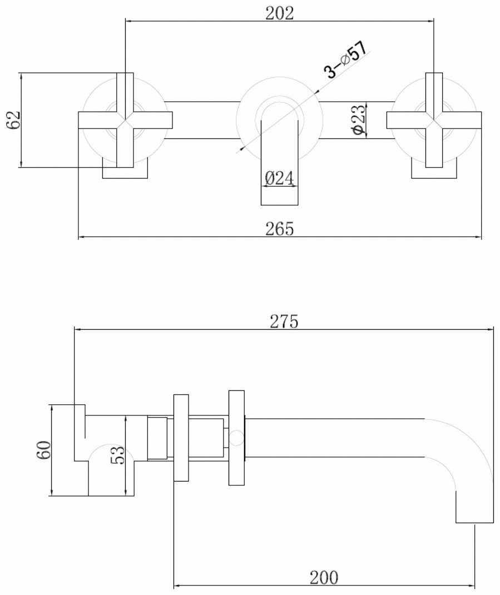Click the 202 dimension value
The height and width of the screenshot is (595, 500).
click(x=279, y=13)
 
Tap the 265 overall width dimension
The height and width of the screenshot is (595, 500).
click(x=279, y=229)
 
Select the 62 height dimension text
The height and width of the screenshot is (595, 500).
click(x=14, y=120)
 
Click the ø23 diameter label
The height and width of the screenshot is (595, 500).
click(x=359, y=120)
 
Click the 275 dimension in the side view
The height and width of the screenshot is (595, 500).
click(x=284, y=321)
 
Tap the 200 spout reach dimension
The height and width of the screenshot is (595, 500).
click(x=324, y=578)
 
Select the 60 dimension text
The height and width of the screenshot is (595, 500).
click(x=43, y=450)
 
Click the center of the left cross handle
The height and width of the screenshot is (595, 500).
click(x=125, y=120)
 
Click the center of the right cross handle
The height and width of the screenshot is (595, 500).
click(x=434, y=120)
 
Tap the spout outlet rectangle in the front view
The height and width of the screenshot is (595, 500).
click(x=279, y=163)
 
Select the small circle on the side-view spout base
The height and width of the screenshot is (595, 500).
click(x=236, y=438)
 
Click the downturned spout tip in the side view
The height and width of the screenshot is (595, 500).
click(x=474, y=508)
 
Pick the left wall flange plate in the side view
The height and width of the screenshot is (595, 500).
click(x=181, y=438)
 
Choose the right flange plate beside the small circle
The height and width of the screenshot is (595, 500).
click(x=236, y=438)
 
